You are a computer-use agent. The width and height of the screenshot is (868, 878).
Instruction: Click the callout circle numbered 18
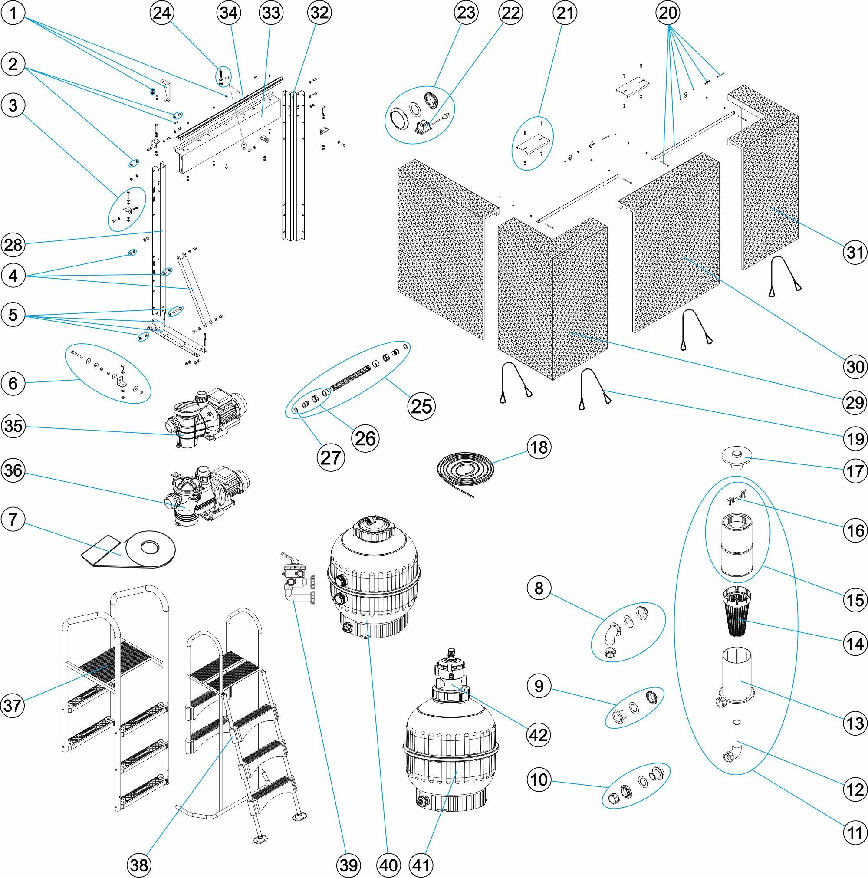tap(539, 447)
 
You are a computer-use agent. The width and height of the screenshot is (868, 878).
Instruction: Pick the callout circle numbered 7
tap(13, 519)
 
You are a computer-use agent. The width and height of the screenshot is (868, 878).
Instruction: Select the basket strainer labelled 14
tap(736, 612)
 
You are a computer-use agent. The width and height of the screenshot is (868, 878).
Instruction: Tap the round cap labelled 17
tap(736, 456)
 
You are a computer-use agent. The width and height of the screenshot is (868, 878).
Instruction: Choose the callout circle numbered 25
tap(421, 406)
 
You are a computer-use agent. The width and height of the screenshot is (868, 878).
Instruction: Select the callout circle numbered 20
tap(667, 13)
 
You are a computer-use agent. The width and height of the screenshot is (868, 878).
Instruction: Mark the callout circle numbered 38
tap(139, 865)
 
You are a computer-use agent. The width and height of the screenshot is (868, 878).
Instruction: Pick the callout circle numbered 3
tap(13, 105)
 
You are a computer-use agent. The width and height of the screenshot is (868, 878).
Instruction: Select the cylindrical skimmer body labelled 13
tap(736, 677)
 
